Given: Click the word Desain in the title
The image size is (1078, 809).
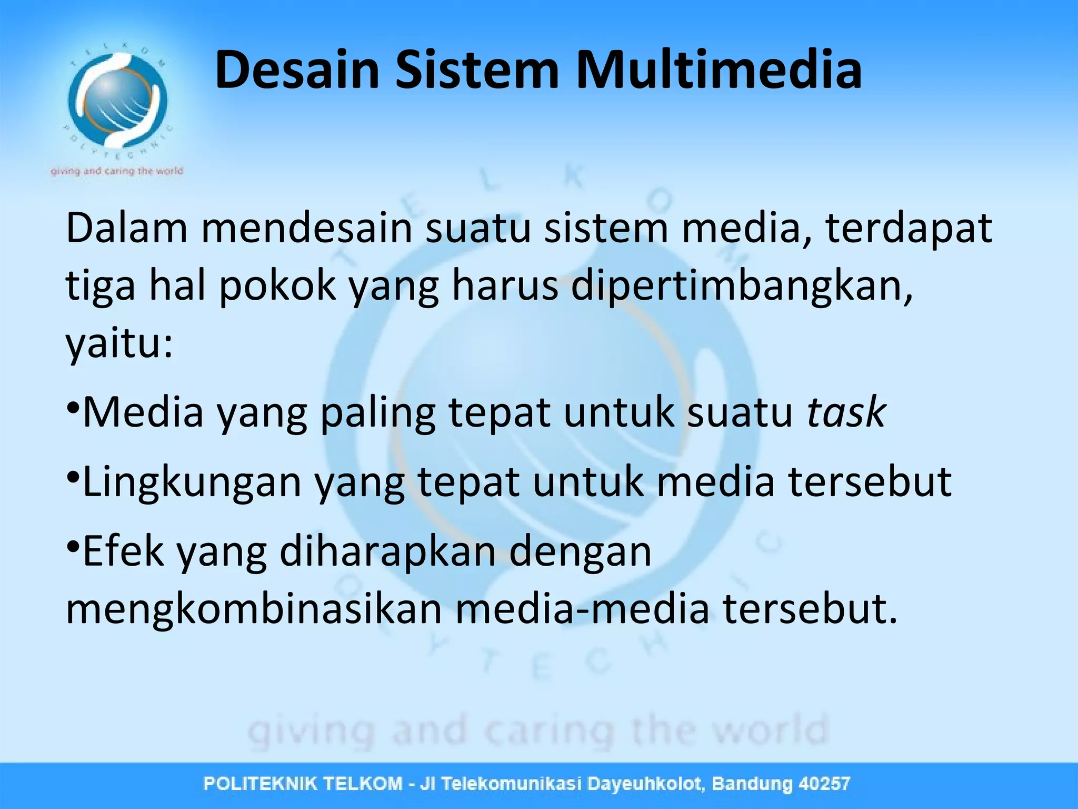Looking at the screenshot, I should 297,70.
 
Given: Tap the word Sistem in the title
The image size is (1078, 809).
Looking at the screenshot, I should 477,70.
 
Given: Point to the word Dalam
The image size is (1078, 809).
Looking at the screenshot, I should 127,229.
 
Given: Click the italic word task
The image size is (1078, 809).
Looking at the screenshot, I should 847,412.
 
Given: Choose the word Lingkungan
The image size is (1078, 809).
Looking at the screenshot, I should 192,482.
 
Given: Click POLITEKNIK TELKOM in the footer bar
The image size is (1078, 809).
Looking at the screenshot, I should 303,784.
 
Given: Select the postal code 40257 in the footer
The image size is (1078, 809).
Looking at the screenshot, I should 824,784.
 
